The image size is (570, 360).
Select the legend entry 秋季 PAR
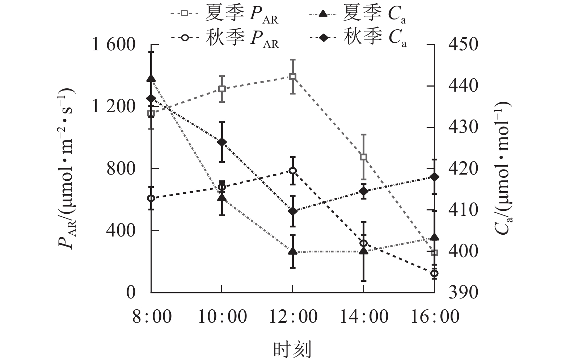pyautogui.click(x=224, y=38)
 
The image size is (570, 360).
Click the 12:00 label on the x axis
pyautogui.click(x=292, y=317)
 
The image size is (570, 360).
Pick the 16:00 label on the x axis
pyautogui.click(x=434, y=317)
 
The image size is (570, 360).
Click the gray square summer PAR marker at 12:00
pyautogui.click(x=292, y=76)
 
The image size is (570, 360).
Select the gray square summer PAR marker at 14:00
pyautogui.click(x=364, y=157)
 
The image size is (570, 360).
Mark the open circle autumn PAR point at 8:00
pyautogui.click(x=151, y=198)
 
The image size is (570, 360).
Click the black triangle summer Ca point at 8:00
pyautogui.click(x=151, y=79)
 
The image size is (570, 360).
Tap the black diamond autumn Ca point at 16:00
pyautogui.click(x=434, y=177)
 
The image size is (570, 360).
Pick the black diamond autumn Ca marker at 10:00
pyautogui.click(x=222, y=142)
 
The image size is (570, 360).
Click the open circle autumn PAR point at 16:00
pyautogui.click(x=434, y=273)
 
